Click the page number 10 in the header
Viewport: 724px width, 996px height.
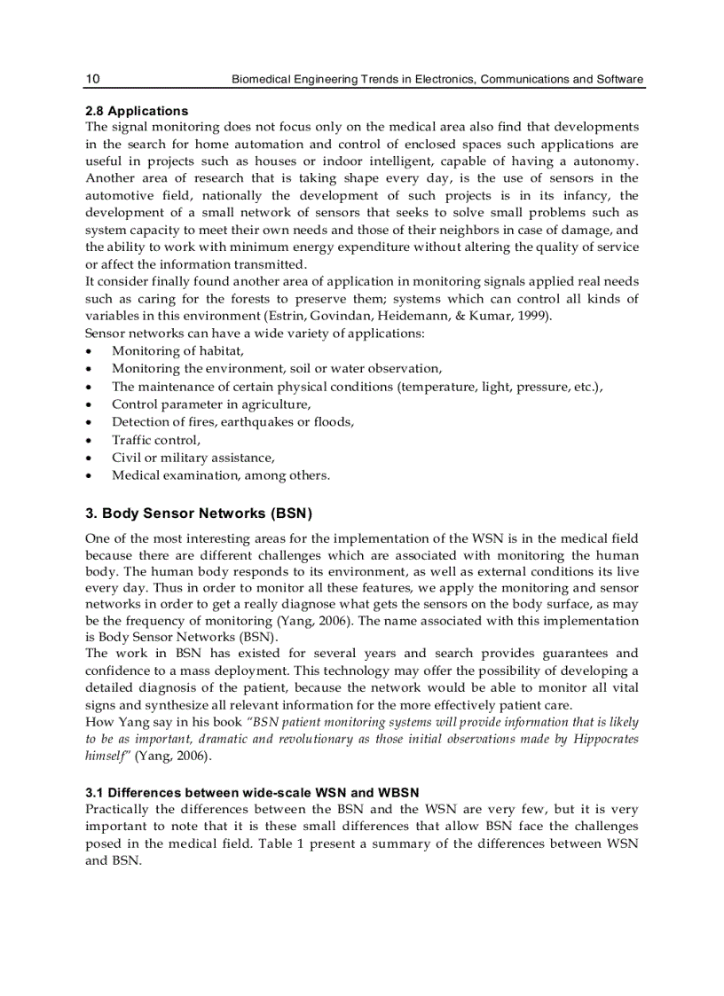coord(92,80)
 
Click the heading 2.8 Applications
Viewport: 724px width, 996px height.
coord(137,111)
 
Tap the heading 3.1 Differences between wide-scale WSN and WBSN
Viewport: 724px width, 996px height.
coord(252,792)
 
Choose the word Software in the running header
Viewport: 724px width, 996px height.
coord(620,80)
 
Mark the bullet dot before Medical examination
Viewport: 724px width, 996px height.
coord(90,476)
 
